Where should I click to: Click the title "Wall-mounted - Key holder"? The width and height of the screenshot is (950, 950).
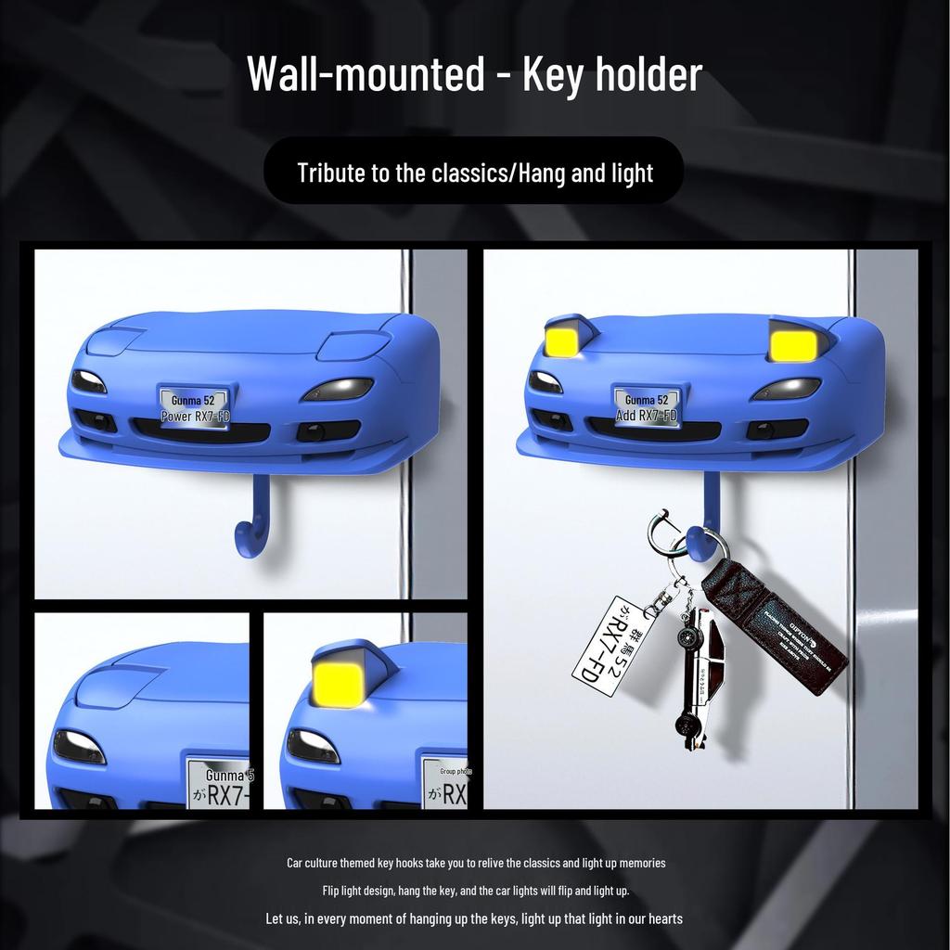(x=474, y=74)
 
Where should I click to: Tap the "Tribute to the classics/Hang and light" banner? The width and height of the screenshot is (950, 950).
(x=474, y=173)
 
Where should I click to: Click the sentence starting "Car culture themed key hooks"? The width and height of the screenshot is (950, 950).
(x=476, y=863)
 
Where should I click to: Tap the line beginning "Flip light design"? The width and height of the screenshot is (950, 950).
(x=476, y=891)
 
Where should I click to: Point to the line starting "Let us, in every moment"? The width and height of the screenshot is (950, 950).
(x=474, y=918)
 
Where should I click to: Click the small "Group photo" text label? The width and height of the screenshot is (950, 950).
(x=456, y=771)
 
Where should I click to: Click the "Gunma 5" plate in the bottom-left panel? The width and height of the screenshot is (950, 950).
(x=219, y=785)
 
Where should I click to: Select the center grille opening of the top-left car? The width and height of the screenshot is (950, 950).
(x=199, y=431)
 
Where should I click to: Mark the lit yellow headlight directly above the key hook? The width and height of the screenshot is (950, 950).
(x=790, y=345)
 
